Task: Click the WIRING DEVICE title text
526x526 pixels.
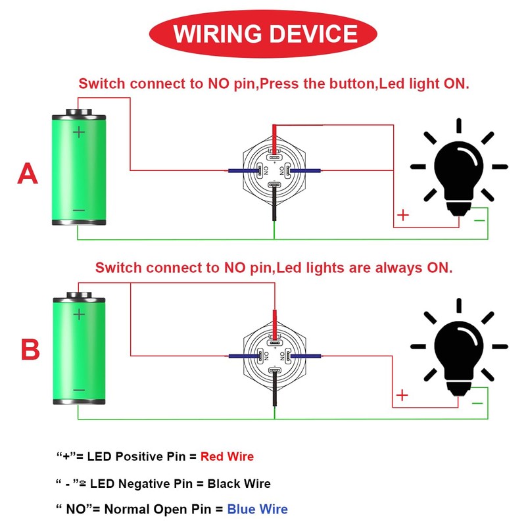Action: tap(266, 34)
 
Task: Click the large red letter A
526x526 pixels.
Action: tap(28, 174)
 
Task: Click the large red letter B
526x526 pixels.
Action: tap(30, 349)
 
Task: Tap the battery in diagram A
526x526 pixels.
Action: tap(79, 167)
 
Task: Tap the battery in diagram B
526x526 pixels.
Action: tap(79, 348)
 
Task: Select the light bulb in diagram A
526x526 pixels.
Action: tap(459, 167)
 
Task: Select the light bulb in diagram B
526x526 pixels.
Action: tap(459, 347)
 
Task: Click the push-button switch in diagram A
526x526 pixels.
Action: tap(274, 171)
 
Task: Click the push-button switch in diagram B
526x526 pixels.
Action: tap(274, 356)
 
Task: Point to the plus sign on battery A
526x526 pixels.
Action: tap(79, 132)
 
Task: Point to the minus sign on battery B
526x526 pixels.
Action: tap(79, 390)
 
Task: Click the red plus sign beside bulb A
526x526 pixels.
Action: tap(403, 215)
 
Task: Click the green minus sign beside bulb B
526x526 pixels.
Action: tap(477, 403)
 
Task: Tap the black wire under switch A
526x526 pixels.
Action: tap(274, 204)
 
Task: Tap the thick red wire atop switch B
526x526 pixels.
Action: tap(275, 324)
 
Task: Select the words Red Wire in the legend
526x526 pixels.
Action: tap(227, 456)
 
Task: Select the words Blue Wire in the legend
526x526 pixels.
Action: tap(257, 509)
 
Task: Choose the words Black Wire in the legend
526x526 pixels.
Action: tap(239, 483)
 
